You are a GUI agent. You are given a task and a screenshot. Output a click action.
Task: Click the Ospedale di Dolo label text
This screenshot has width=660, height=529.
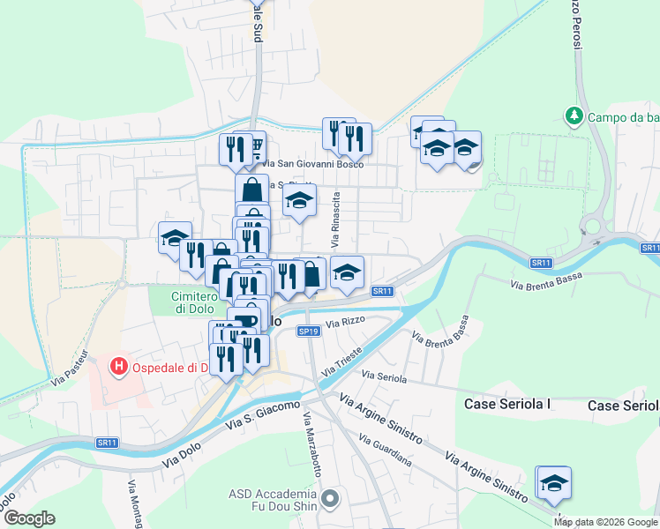pyautogui.click(x=167, y=367)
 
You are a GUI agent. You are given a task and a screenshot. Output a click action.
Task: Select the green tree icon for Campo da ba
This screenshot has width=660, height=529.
pyautogui.click(x=574, y=116)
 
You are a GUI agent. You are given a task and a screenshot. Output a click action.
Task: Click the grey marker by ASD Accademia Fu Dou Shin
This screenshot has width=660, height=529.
pyautogui.click(x=331, y=500)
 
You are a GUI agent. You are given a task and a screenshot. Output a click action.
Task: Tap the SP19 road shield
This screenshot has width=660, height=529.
pyautogui.click(x=308, y=332)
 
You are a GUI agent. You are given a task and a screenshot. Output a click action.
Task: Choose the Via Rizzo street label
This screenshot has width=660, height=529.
pyautogui.click(x=344, y=324)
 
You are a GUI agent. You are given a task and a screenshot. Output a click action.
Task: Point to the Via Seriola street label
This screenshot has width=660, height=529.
pyautogui.click(x=386, y=378)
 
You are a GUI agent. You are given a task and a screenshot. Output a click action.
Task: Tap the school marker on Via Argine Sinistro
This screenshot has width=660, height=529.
pyautogui.click(x=553, y=483)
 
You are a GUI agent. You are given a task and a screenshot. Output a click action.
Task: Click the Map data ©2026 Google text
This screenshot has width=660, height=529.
pyautogui.click(x=605, y=522)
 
